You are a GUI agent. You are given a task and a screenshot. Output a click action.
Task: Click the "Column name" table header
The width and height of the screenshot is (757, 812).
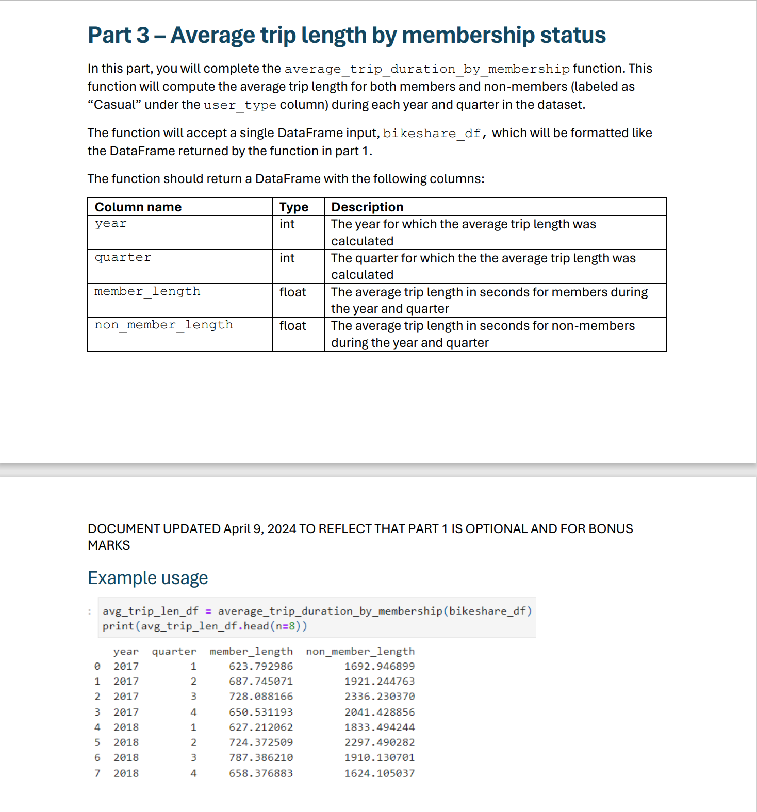click(138, 207)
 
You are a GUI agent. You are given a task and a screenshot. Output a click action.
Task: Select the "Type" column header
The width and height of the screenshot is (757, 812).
click(294, 207)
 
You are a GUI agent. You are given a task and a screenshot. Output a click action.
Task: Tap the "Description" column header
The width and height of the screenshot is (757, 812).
click(367, 207)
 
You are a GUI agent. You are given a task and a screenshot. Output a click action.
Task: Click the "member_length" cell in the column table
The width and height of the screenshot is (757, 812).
click(147, 292)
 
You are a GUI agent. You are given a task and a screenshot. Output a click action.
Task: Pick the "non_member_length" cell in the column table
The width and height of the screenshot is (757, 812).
click(164, 325)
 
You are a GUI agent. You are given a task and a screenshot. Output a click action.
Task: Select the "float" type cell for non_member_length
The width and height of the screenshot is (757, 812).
click(293, 326)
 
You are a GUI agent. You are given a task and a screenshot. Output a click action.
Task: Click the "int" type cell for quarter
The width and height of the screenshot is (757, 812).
click(287, 258)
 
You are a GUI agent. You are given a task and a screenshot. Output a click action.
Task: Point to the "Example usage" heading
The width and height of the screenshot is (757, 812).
click(148, 578)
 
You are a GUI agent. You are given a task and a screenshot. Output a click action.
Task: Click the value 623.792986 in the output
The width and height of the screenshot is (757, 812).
click(261, 666)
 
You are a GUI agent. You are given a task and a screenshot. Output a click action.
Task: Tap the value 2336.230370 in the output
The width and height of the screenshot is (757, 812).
click(380, 697)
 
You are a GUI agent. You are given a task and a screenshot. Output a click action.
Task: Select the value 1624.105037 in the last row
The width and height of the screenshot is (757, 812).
click(380, 773)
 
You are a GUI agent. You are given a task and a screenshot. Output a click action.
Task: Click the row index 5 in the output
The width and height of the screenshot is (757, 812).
click(97, 742)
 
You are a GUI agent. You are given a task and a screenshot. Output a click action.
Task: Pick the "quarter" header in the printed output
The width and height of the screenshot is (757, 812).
click(174, 651)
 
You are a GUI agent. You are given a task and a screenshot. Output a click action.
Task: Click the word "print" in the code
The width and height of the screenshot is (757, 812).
click(118, 626)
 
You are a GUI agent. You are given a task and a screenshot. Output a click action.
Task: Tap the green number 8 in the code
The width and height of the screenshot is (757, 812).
click(291, 626)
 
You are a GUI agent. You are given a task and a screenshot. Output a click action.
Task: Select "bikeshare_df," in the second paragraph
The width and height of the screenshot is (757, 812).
click(435, 133)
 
